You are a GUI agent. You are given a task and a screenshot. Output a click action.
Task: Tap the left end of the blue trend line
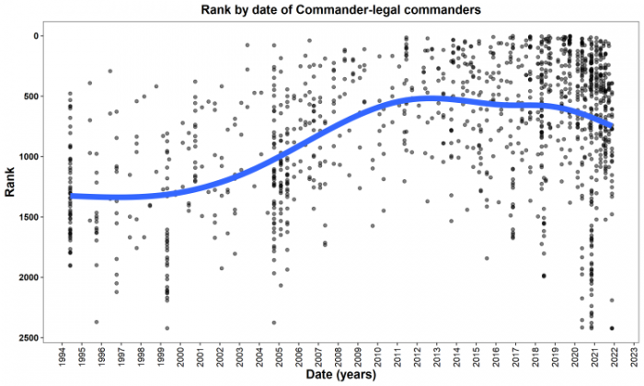71,195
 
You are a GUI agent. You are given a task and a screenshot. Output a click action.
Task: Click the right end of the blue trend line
613,125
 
